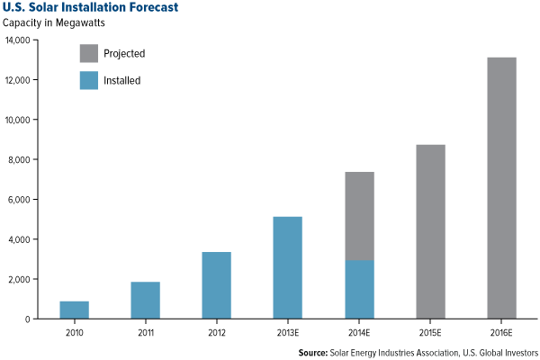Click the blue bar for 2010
74,310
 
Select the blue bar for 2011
145,300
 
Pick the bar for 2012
216,285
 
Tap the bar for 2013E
288,267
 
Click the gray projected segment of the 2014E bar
359,216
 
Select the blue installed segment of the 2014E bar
359,290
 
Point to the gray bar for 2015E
430,231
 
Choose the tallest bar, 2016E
501,188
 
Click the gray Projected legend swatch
89,53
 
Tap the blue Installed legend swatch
89,80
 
